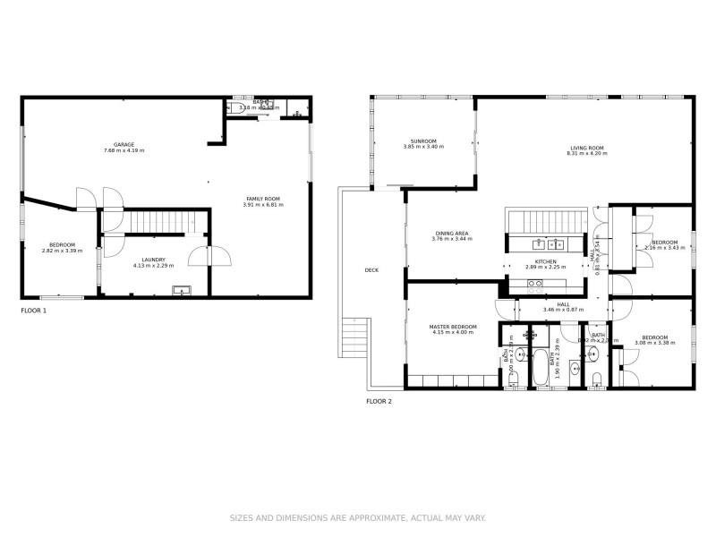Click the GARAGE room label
tap(124, 144)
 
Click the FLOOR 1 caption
tap(33, 311)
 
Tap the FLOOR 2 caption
tap(379, 402)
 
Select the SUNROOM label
tap(423, 141)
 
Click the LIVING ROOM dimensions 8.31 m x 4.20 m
tap(587, 154)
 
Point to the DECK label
tap(371, 269)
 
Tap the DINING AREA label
tap(450, 233)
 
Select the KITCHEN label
tap(546, 260)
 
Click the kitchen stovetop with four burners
tap(534, 285)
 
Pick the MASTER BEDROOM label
tap(452, 327)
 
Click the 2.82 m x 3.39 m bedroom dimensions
tap(62, 251)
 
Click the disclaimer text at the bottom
tap(358, 518)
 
